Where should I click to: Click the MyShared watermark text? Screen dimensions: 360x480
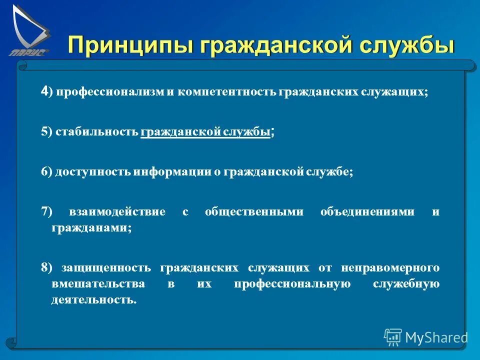click(x=436, y=337)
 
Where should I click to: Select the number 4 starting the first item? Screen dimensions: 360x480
click(x=44, y=91)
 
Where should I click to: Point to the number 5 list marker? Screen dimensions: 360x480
click(x=44, y=132)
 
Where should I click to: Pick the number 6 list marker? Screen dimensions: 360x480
click(x=44, y=171)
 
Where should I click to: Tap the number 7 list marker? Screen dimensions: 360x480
click(x=44, y=211)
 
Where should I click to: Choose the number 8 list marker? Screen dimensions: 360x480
click(x=44, y=267)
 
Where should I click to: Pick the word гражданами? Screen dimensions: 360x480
click(x=91, y=227)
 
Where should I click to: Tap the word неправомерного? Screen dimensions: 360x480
click(x=390, y=267)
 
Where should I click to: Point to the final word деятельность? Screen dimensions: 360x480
click(x=93, y=300)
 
